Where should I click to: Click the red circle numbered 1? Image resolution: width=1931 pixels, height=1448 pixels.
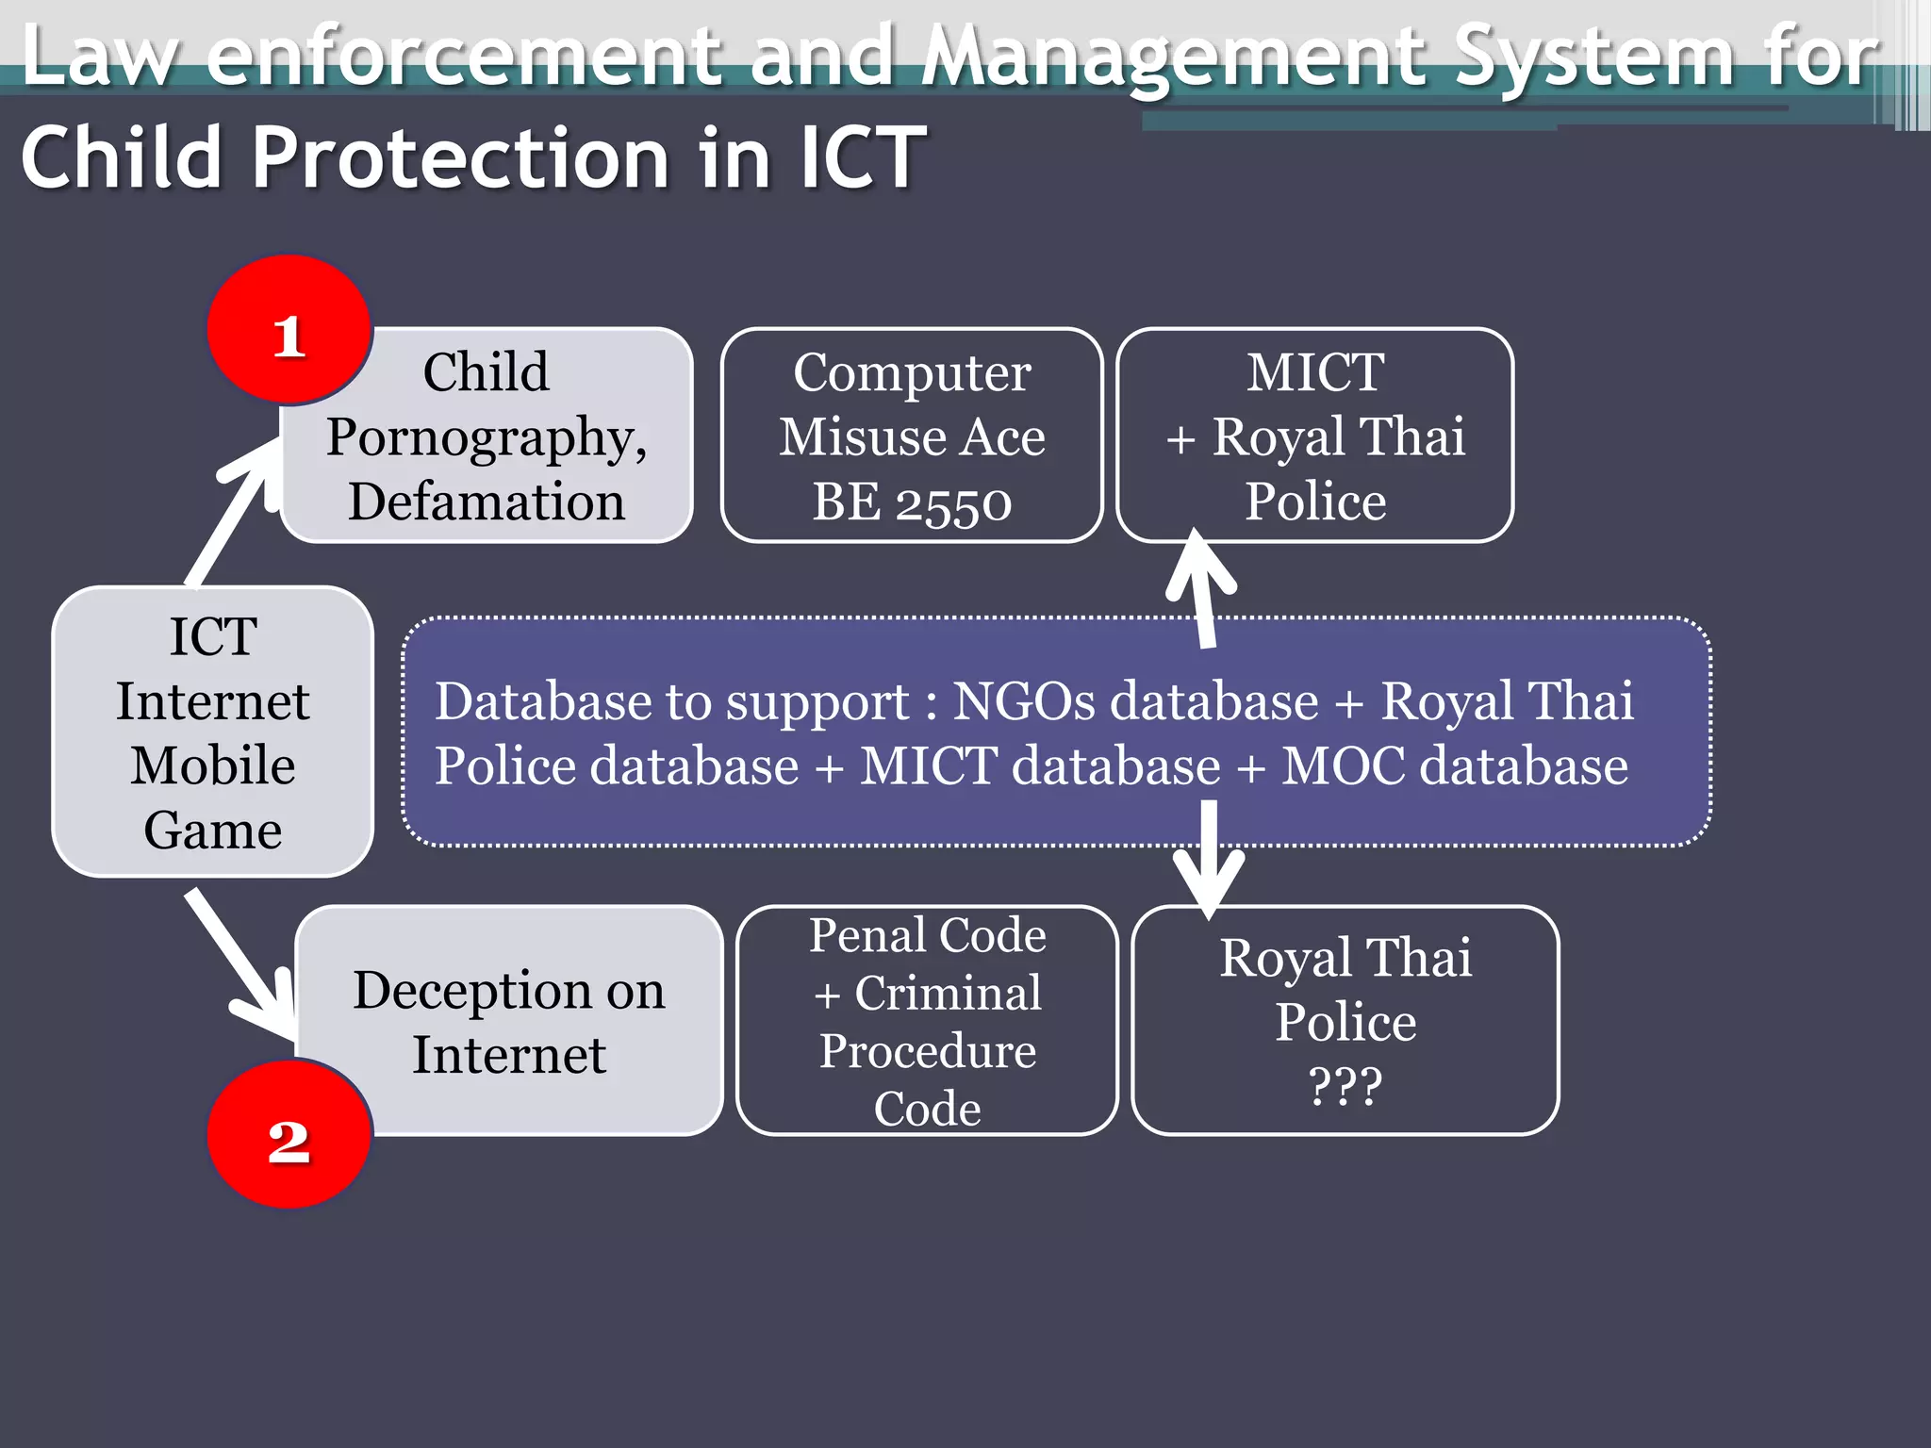[x=289, y=330]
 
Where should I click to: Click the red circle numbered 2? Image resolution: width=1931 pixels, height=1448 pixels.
[x=289, y=1134]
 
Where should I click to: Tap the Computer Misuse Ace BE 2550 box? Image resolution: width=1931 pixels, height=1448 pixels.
[x=912, y=436]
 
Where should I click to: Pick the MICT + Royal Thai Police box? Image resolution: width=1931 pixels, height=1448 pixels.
[x=1314, y=436]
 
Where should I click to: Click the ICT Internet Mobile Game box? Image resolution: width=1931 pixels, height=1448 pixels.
[x=213, y=732]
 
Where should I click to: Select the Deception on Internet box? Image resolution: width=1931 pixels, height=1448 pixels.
[x=509, y=1021]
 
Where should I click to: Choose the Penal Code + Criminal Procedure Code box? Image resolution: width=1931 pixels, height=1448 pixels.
[x=927, y=1021]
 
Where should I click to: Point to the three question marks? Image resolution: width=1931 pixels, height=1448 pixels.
[x=1345, y=1085]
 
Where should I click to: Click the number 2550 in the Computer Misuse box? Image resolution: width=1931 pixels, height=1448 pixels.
[x=953, y=502]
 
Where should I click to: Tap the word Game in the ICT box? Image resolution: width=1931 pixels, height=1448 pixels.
[x=213, y=831]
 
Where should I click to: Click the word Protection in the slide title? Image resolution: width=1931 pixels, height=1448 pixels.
[x=462, y=157]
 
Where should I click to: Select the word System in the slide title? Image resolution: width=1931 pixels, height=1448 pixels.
[x=1593, y=57]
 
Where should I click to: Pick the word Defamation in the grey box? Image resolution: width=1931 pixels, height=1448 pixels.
[x=487, y=502]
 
